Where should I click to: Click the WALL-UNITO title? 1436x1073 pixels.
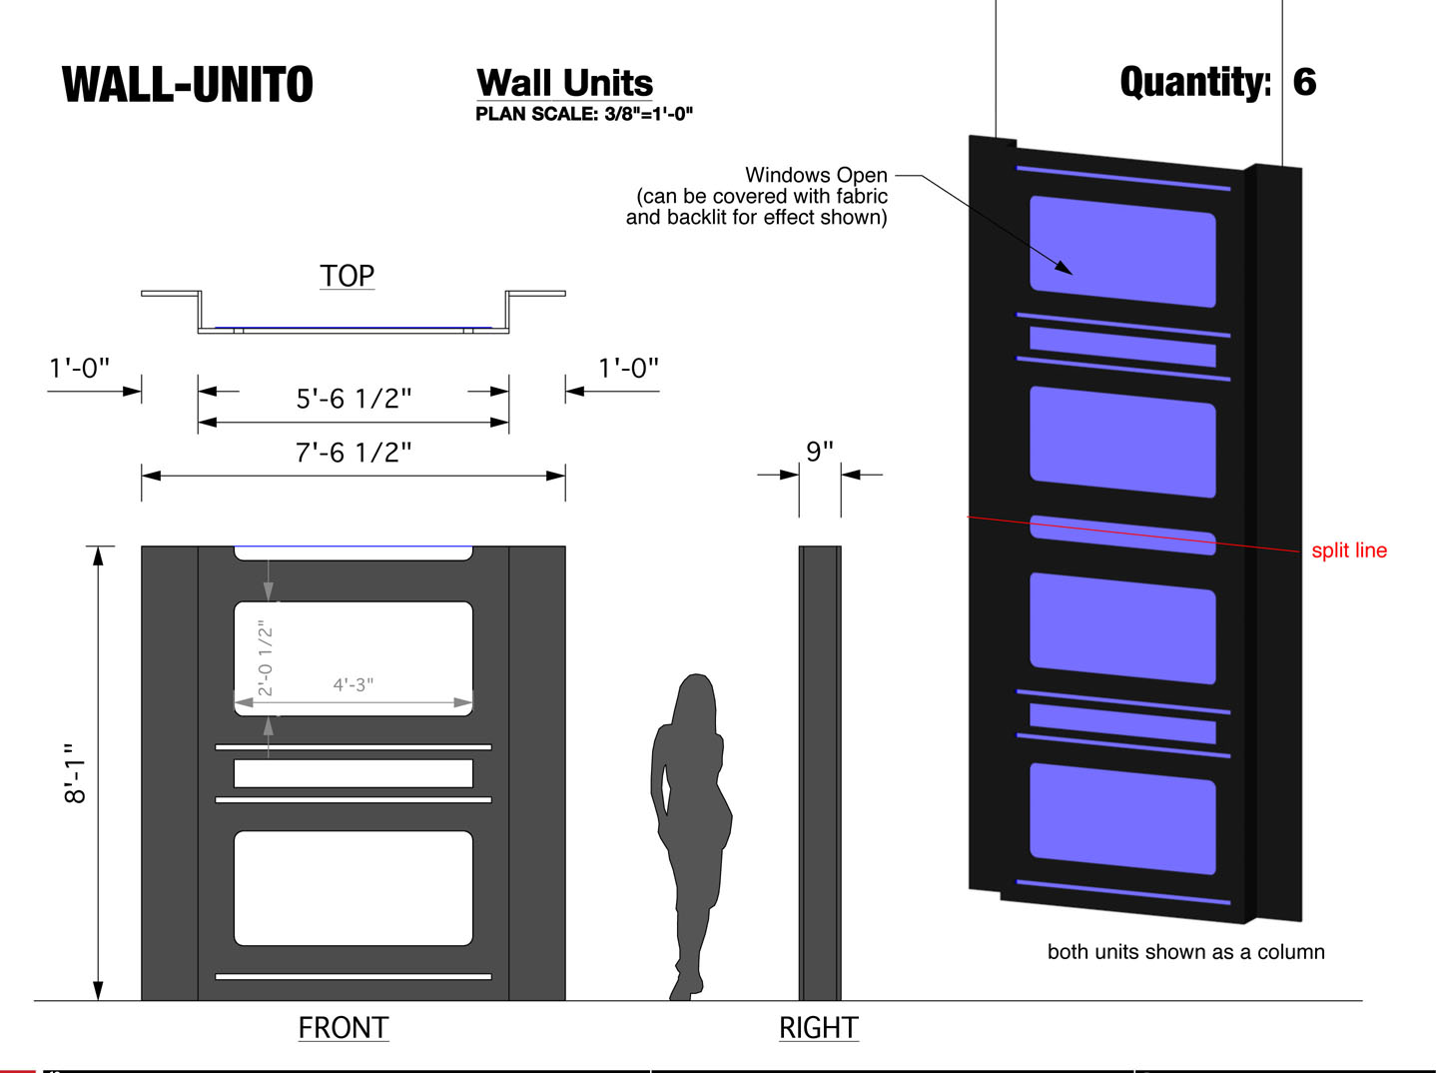[x=187, y=85]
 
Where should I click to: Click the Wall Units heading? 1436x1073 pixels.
[x=564, y=83]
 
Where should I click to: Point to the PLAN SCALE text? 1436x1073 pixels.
[x=583, y=114]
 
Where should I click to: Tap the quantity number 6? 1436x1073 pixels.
[x=1304, y=82]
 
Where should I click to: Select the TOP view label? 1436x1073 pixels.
[x=347, y=276]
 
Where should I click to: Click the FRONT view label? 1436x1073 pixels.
[x=344, y=1027]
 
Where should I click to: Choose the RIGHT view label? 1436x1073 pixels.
[x=819, y=1027]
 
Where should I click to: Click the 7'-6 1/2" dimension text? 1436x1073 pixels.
[x=354, y=453]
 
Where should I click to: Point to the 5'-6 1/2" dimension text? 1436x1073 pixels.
[x=354, y=399]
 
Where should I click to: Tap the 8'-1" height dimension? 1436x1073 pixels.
[x=75, y=772]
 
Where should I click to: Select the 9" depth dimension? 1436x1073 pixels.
[x=820, y=451]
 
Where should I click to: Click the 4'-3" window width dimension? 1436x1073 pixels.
[x=354, y=684]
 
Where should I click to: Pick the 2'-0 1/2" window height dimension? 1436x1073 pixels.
[x=265, y=658]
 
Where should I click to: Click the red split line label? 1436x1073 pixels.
[x=1349, y=550]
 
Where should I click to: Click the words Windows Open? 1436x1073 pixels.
[x=816, y=175]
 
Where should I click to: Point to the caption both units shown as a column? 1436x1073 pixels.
[x=1186, y=951]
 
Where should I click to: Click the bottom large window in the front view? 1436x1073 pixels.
[x=354, y=888]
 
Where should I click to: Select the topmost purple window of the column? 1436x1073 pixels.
[x=1122, y=251]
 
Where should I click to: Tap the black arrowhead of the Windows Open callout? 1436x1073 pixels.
[x=1065, y=268]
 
